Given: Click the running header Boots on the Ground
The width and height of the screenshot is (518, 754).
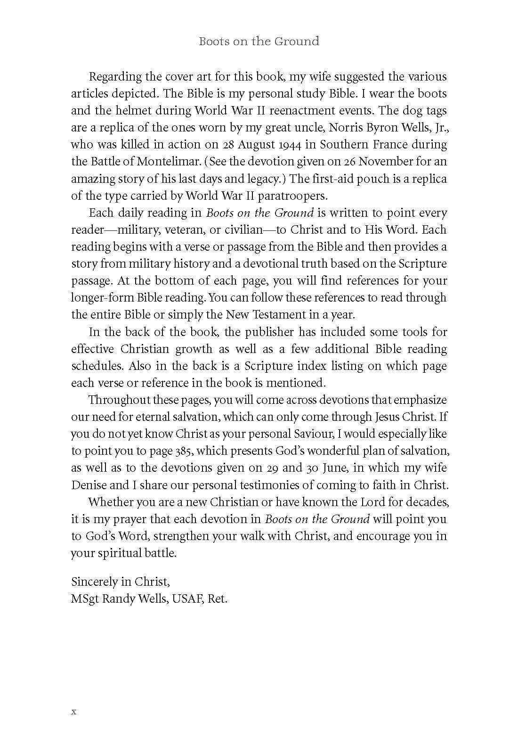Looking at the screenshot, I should click(259, 41).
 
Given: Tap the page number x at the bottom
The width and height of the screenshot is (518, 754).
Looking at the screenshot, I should click(73, 712).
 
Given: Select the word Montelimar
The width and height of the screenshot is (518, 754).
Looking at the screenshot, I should click(171, 162).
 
